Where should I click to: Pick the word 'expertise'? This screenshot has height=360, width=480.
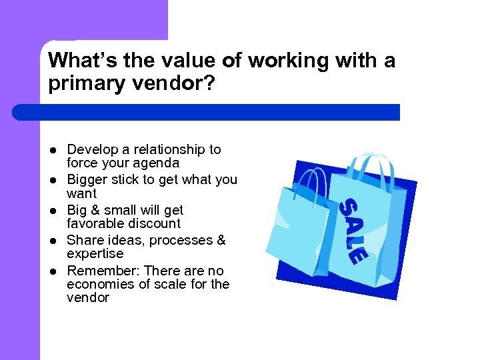tap(95, 254)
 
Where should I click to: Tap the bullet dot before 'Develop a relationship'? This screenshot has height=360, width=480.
tap(53, 150)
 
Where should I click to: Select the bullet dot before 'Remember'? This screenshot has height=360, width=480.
tap(53, 271)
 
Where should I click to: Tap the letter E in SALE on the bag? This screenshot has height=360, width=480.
tap(357, 255)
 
